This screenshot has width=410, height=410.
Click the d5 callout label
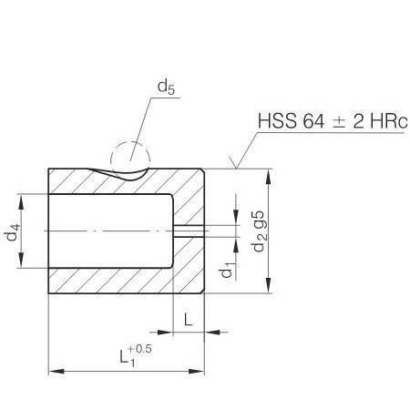[166, 87]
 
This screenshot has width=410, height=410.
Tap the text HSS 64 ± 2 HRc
[333, 121]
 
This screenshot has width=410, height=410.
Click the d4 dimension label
[13, 232]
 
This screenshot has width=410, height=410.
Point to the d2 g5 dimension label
[259, 231]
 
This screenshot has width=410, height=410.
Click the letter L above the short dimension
[189, 320]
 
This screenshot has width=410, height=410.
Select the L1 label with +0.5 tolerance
[135, 355]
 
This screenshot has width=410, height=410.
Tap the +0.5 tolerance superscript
[139, 349]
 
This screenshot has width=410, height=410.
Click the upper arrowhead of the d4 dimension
[21, 202]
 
